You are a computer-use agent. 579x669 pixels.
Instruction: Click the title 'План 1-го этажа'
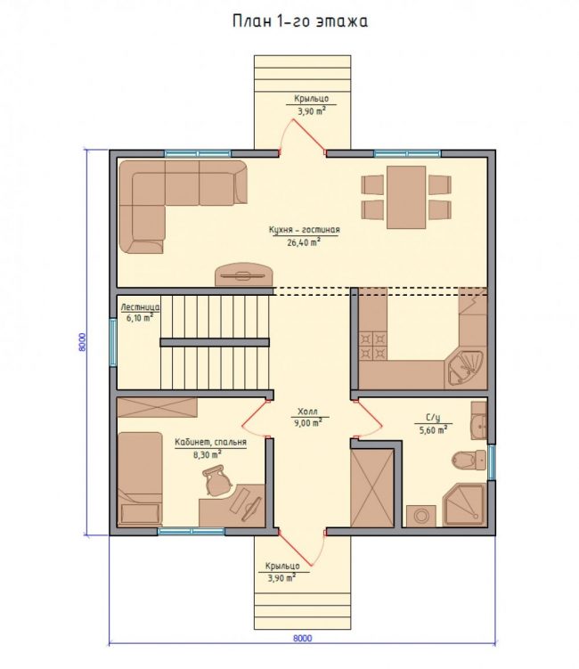[300, 20]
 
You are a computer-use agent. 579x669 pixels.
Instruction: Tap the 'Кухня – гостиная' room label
[305, 230]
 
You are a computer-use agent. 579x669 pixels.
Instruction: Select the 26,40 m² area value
[305, 242]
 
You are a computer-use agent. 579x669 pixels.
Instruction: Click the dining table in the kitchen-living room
[406, 197]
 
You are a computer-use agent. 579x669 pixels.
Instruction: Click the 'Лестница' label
[140, 306]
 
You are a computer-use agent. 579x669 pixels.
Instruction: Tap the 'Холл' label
[307, 412]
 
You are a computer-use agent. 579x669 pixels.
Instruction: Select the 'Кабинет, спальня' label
[210, 442]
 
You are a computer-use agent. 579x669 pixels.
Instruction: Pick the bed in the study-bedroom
[140, 478]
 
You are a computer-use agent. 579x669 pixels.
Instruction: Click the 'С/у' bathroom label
[433, 418]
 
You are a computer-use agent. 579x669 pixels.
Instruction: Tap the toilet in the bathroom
[469, 459]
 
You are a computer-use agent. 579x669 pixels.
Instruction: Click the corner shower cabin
[465, 505]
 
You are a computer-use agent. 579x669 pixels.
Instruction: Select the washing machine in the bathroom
[421, 517]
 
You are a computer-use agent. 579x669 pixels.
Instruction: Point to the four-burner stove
[373, 346]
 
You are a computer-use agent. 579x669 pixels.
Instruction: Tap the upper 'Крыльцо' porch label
[312, 99]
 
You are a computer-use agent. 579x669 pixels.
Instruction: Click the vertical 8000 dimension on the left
[82, 342]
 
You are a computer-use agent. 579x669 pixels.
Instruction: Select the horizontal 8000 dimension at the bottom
[303, 639]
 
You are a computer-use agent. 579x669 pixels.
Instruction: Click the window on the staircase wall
[112, 342]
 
